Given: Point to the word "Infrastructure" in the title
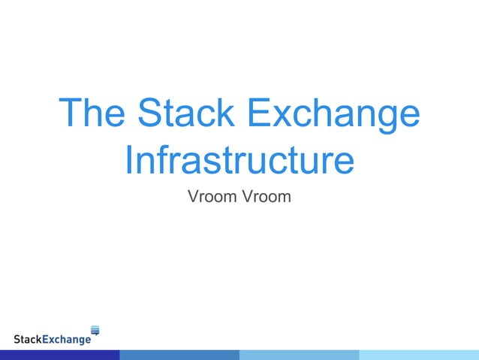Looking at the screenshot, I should click(x=239, y=160).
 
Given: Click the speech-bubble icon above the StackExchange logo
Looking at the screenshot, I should click(x=95, y=329).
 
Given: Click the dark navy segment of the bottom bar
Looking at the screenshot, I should click(x=59, y=355).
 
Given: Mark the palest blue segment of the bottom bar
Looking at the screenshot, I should click(x=419, y=355).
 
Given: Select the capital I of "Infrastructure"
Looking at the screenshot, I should click(x=128, y=160).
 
